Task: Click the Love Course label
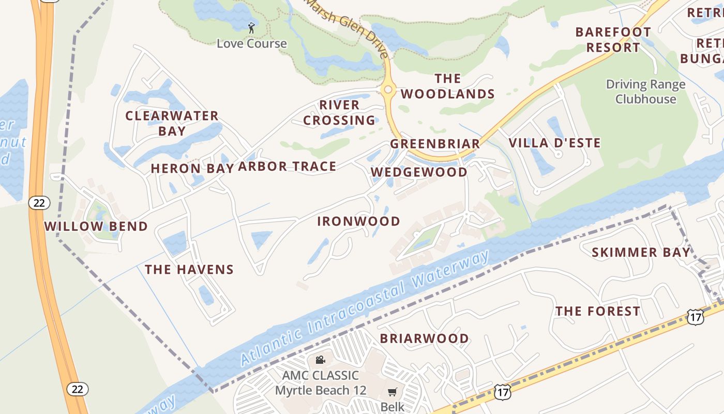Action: (251, 43)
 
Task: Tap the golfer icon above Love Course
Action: (251, 28)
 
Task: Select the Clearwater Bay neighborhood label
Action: (172, 123)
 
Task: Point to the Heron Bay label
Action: (192, 168)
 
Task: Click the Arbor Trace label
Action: (287, 166)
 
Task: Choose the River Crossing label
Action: (339, 112)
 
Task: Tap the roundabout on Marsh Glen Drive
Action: (388, 90)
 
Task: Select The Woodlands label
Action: (448, 86)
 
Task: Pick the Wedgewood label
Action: (419, 172)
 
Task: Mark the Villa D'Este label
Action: (554, 143)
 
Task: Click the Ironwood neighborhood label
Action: (358, 221)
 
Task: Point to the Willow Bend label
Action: (96, 226)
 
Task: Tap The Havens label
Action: (189, 269)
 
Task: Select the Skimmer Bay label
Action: (641, 253)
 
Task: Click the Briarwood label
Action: (425, 338)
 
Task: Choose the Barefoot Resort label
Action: (613, 40)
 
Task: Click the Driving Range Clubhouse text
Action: (645, 92)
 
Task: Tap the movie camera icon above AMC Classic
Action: (320, 360)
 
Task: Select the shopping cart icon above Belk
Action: (393, 392)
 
